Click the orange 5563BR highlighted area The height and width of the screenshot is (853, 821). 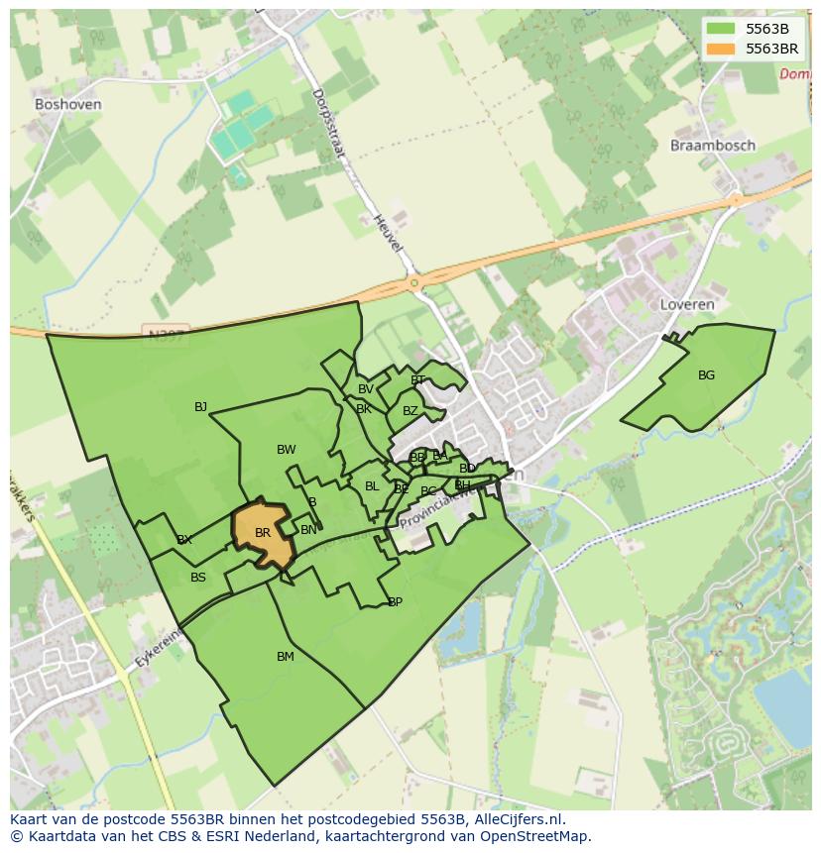263,535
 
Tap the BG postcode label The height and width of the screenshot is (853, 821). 706,375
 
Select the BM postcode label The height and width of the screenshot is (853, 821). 286,657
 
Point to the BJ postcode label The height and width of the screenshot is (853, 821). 201,407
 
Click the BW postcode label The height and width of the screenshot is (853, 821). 287,450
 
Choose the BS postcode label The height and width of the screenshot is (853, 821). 198,578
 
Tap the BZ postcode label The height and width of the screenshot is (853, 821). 410,411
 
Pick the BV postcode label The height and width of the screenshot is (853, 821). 366,389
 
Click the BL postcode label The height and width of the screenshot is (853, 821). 372,486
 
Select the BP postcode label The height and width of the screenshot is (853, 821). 395,602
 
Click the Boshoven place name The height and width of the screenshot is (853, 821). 67,104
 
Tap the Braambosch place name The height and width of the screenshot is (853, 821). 712,146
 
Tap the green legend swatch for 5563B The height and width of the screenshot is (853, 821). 721,29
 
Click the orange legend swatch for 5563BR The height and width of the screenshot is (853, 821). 721,49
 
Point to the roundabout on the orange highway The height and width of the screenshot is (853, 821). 414,284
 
